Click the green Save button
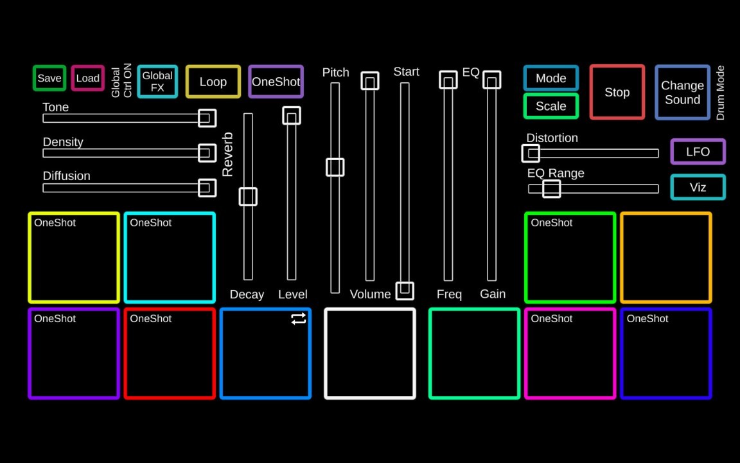pos(49,78)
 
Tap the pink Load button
pos(88,78)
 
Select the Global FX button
pos(157,82)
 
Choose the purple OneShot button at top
pos(276,82)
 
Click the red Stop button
pos(617,92)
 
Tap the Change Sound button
pos(682,93)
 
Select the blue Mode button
pos(551,78)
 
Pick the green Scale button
pos(551,106)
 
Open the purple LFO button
pos(698,152)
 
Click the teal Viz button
pos(698,187)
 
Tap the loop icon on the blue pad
pos(299,319)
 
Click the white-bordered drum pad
pos(370,354)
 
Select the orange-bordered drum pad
pos(665,257)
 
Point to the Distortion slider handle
pos(531,153)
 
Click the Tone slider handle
pos(207,118)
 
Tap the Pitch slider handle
pos(335,167)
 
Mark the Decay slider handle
pos(248,197)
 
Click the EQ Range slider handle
pos(551,188)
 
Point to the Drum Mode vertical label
pos(720,93)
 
